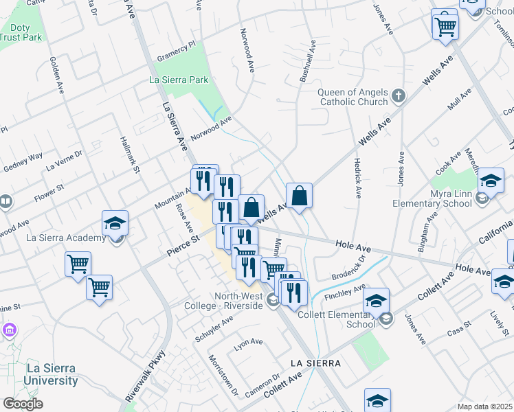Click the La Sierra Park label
coord(179,80)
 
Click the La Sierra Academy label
coord(66,238)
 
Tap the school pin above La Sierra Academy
coord(115,223)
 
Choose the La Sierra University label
coord(52,374)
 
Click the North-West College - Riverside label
coord(229,301)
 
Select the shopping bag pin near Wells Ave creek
coord(300,196)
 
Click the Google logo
coord(23,404)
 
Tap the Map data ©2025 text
coord(484,407)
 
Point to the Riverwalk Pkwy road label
coord(146,376)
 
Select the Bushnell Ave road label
coord(306,62)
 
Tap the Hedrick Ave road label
coord(357,179)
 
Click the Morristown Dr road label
coord(222,376)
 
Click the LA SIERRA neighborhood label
coord(315,362)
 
